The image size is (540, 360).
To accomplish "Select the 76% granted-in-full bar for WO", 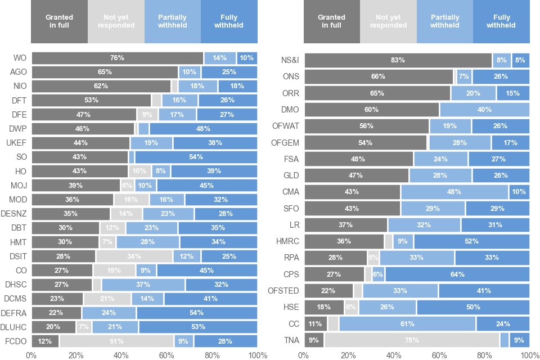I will tap(117, 58).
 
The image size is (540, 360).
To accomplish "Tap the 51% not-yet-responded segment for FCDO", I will tap(117, 341).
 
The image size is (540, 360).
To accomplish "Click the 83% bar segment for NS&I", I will tap(398, 60).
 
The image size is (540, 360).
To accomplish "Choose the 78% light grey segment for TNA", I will tap(412, 340).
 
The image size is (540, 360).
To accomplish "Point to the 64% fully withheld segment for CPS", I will tap(457, 274).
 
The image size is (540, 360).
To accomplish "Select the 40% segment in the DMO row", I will tap(484, 109).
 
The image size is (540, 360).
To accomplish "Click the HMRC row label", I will tap(287, 241).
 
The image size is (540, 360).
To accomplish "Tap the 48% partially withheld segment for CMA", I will tap(454, 192).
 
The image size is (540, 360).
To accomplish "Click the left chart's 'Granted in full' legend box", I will tap(60, 22).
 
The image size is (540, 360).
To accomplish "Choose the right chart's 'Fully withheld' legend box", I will tap(501, 22).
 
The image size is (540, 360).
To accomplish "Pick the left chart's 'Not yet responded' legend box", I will tap(116, 22).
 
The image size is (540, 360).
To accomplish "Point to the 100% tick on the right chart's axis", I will tap(529, 355).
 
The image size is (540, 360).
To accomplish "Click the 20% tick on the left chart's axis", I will tap(76, 355).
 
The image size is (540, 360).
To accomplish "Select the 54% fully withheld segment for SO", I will tap(196, 157).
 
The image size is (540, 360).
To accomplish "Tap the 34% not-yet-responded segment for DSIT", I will tap(134, 256).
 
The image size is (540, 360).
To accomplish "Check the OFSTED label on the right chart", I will tap(284, 291).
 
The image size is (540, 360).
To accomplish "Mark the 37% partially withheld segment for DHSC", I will tap(143, 285).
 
